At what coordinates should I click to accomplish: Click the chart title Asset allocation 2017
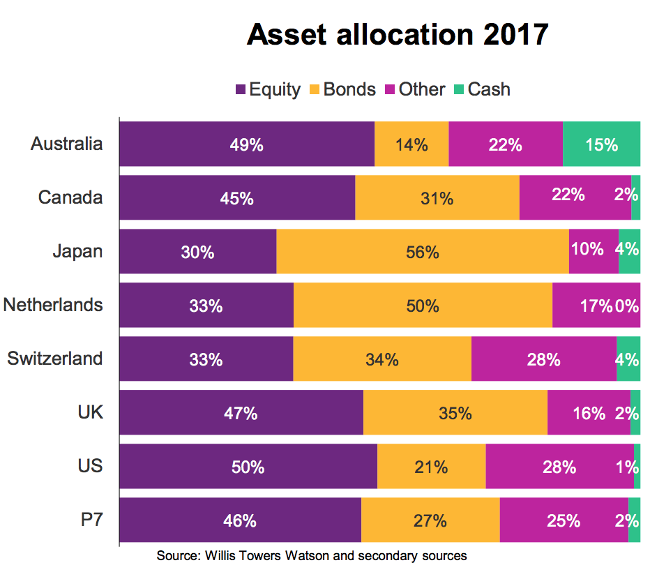pyautogui.click(x=398, y=34)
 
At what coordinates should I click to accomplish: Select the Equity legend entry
pyautogui.click(x=268, y=89)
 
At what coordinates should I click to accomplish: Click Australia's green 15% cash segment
pyautogui.click(x=601, y=144)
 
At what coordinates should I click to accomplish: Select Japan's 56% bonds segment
pyautogui.click(x=423, y=252)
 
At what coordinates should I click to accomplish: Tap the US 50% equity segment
pyautogui.click(x=248, y=467)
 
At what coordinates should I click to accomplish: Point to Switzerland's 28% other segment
pyautogui.click(x=543, y=359)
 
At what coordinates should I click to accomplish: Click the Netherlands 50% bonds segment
pyautogui.click(x=423, y=306)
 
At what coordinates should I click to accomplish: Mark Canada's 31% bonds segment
pyautogui.click(x=437, y=198)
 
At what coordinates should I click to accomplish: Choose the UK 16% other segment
pyautogui.click(x=589, y=413)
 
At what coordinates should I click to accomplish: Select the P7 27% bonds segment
pyautogui.click(x=430, y=520)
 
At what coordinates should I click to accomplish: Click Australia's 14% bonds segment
pyautogui.click(x=411, y=144)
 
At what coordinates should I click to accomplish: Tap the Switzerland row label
pyautogui.click(x=55, y=359)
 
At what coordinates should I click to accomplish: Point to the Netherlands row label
pyautogui.click(x=53, y=305)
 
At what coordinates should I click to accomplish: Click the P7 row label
pyautogui.click(x=91, y=520)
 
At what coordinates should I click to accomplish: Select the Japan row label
pyautogui.click(x=77, y=251)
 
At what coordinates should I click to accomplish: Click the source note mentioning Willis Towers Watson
pyautogui.click(x=311, y=556)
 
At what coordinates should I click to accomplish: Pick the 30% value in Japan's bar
pyautogui.click(x=197, y=252)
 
